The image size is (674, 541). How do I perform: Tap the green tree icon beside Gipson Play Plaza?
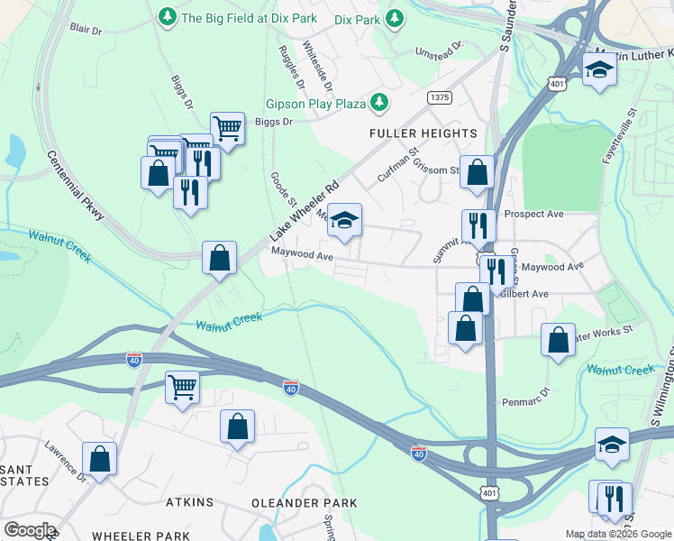click(380, 103)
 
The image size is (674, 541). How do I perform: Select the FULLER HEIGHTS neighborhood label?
click(423, 133)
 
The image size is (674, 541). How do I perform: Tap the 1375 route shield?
click(440, 96)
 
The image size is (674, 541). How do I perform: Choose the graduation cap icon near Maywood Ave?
click(343, 221)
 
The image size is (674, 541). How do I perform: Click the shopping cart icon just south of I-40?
click(183, 388)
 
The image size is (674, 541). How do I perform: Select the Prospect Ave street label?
click(533, 215)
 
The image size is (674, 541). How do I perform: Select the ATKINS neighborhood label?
click(189, 501)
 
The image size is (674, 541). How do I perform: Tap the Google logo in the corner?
click(30, 530)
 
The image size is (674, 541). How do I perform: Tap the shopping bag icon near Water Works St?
click(559, 340)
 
